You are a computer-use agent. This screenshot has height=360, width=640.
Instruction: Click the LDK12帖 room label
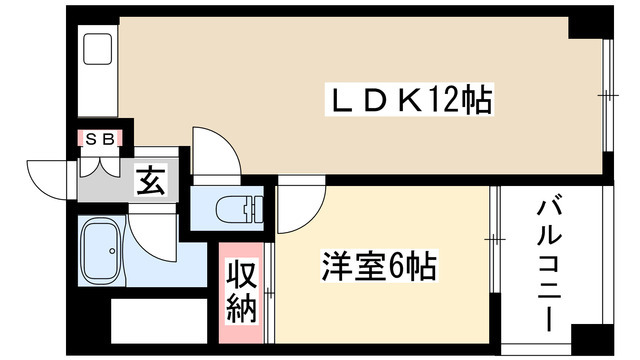(411, 100)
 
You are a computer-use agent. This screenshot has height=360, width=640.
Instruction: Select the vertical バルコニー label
(547, 264)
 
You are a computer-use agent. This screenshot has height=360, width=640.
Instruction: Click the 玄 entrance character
(150, 182)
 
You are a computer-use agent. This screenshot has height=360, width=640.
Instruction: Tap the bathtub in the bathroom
(101, 252)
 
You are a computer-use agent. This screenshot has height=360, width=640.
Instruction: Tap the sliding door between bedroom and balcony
(492, 240)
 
